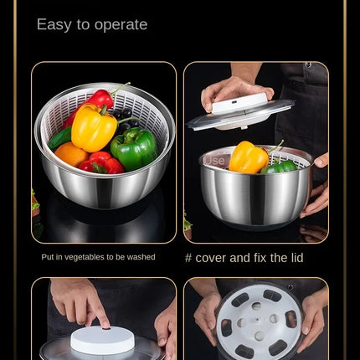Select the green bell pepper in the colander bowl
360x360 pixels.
click(134, 148)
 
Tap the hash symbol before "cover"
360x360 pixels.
click(188, 258)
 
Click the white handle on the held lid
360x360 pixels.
click(239, 103)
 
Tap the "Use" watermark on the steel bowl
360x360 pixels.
click(214, 160)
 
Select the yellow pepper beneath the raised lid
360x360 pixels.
click(248, 157)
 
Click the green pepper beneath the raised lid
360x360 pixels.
click(280, 166)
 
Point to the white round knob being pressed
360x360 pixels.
click(102, 339)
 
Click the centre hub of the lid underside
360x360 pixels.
click(256, 322)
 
